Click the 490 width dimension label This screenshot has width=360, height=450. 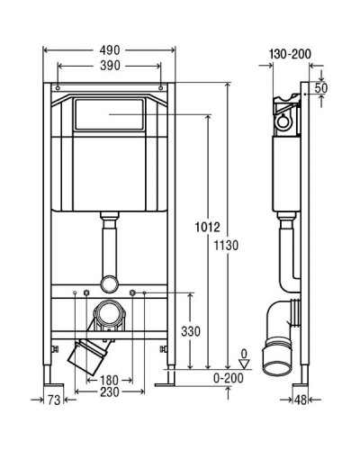110,50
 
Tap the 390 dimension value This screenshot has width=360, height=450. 110,66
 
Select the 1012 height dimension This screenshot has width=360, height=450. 208,227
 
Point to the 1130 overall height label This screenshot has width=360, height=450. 226,246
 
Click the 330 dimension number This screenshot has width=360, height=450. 191,331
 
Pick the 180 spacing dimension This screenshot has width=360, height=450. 109,381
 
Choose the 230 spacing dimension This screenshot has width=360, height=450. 110,391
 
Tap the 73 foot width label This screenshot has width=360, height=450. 54,400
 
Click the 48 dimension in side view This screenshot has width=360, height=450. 301,400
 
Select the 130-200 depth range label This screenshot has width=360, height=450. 290,54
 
